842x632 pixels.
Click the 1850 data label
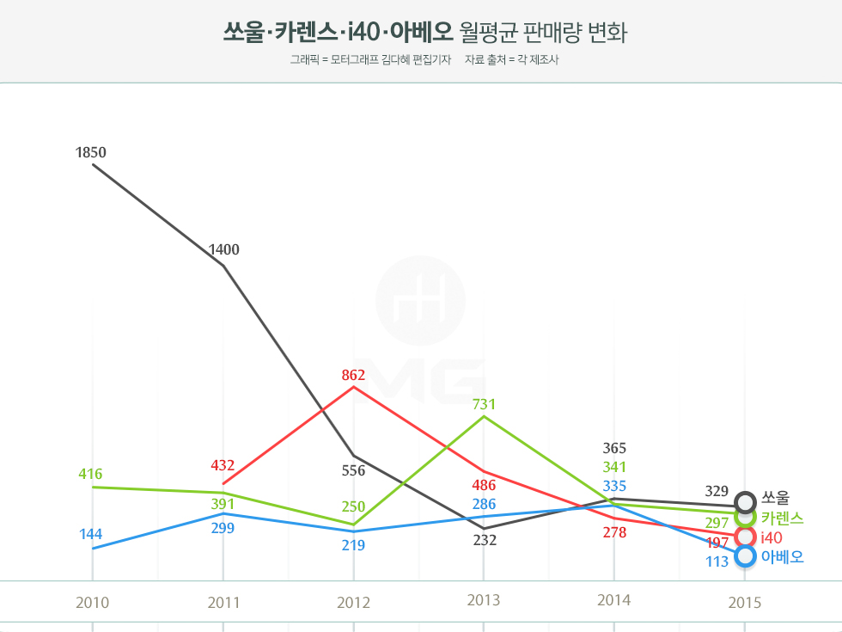click(x=90, y=153)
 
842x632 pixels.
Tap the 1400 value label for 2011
click(x=223, y=250)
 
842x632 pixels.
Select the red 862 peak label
click(x=353, y=375)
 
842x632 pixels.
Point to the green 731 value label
click(x=484, y=404)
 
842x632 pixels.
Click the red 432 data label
click(x=223, y=466)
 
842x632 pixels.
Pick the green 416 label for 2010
click(x=90, y=475)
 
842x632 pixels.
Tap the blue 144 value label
click(x=90, y=535)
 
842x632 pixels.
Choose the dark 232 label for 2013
click(x=485, y=541)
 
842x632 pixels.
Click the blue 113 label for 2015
click(x=717, y=561)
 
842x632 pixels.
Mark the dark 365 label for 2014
click(x=614, y=448)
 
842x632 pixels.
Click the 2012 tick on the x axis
click(x=354, y=602)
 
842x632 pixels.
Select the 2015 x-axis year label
click(x=745, y=603)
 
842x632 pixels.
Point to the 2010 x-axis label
click(x=92, y=602)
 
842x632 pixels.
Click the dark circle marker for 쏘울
click(x=746, y=501)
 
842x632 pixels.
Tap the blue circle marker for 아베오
click(x=746, y=556)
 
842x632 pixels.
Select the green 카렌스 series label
click(x=782, y=518)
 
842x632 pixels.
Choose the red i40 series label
click(x=772, y=537)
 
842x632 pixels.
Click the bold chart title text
click(x=337, y=33)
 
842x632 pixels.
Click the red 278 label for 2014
click(x=614, y=533)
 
